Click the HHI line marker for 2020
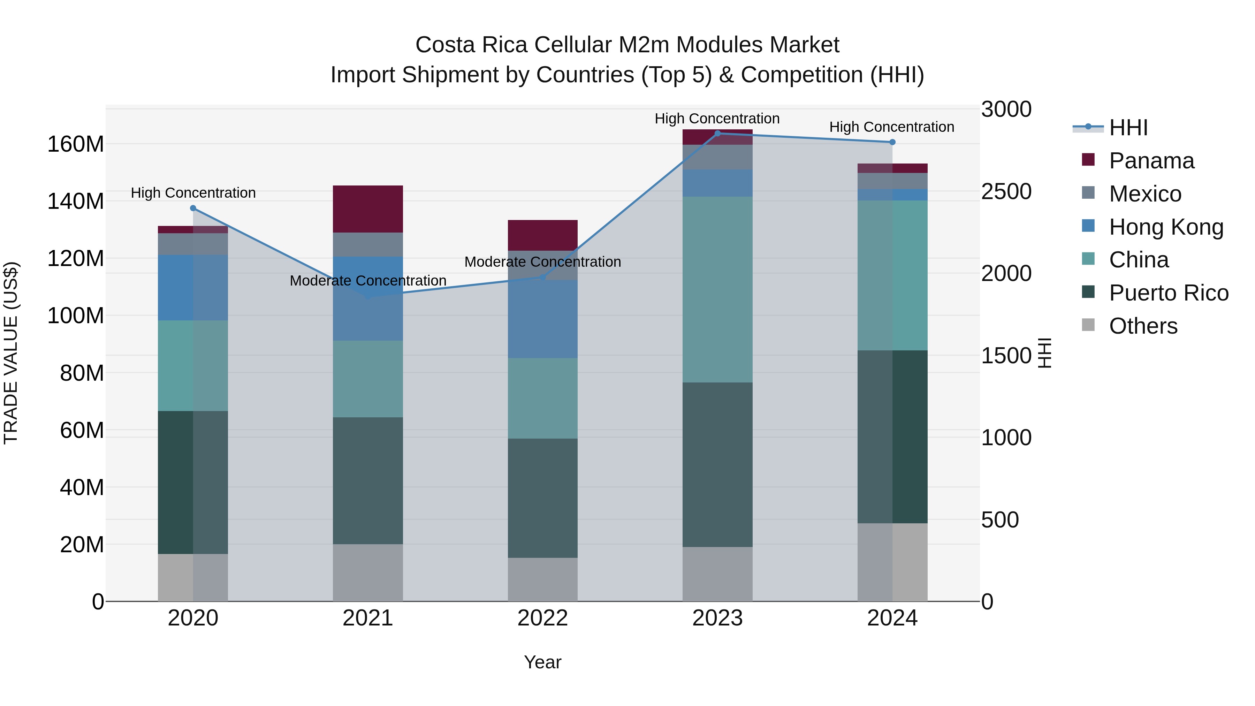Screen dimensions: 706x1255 (193, 208)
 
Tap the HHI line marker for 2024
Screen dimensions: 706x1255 (892, 142)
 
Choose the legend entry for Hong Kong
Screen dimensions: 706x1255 (1166, 227)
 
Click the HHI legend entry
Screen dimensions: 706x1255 (1128, 128)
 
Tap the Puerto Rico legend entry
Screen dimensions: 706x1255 (1168, 293)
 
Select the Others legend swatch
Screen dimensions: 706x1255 (1088, 325)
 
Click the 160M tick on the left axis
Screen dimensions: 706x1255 (76, 144)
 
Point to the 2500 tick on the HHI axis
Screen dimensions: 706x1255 (1006, 191)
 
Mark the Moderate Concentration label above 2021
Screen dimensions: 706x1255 (368, 281)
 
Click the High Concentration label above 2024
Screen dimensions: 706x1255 (891, 127)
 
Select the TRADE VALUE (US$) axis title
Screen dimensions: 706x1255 (11, 353)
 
